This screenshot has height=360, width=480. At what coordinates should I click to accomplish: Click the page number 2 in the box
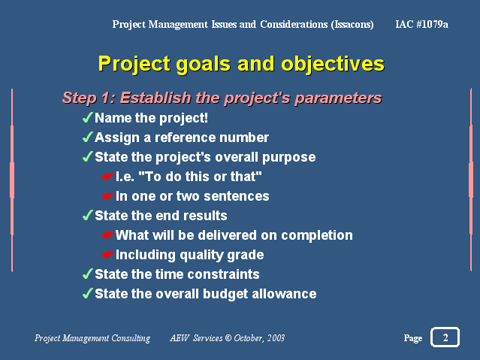tap(445, 337)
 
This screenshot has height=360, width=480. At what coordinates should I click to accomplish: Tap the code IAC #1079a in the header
tap(421, 24)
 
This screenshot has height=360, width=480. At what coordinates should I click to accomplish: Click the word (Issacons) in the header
tap(352, 24)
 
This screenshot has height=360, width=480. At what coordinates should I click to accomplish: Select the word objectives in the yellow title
tap(333, 65)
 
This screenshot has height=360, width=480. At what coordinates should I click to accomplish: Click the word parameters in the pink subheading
tap(338, 98)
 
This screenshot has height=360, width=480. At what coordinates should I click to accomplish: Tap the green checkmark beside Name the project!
tap(88, 117)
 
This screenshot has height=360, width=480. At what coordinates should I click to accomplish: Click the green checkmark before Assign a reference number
tap(88, 137)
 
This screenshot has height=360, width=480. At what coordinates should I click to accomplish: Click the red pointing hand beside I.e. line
tap(107, 177)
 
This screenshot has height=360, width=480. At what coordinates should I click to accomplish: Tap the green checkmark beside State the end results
tap(88, 215)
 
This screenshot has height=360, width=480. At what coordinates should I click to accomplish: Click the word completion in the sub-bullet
tap(317, 235)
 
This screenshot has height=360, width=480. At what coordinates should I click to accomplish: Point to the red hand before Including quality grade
tap(107, 255)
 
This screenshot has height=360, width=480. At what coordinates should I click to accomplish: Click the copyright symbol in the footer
tap(228, 338)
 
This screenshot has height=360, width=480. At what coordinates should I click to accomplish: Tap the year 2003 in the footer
tap(276, 338)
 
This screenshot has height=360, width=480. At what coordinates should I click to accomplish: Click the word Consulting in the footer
tap(131, 338)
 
